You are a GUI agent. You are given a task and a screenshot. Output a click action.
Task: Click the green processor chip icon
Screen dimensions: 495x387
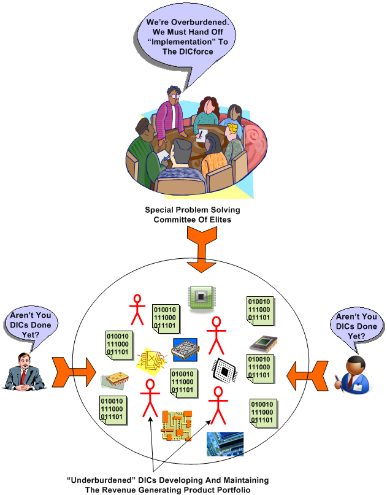pyautogui.click(x=200, y=298)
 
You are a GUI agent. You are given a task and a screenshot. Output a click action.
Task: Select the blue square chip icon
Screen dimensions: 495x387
pyautogui.click(x=185, y=350)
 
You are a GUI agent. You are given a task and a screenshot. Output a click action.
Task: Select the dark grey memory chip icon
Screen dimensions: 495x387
pyautogui.click(x=262, y=344)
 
